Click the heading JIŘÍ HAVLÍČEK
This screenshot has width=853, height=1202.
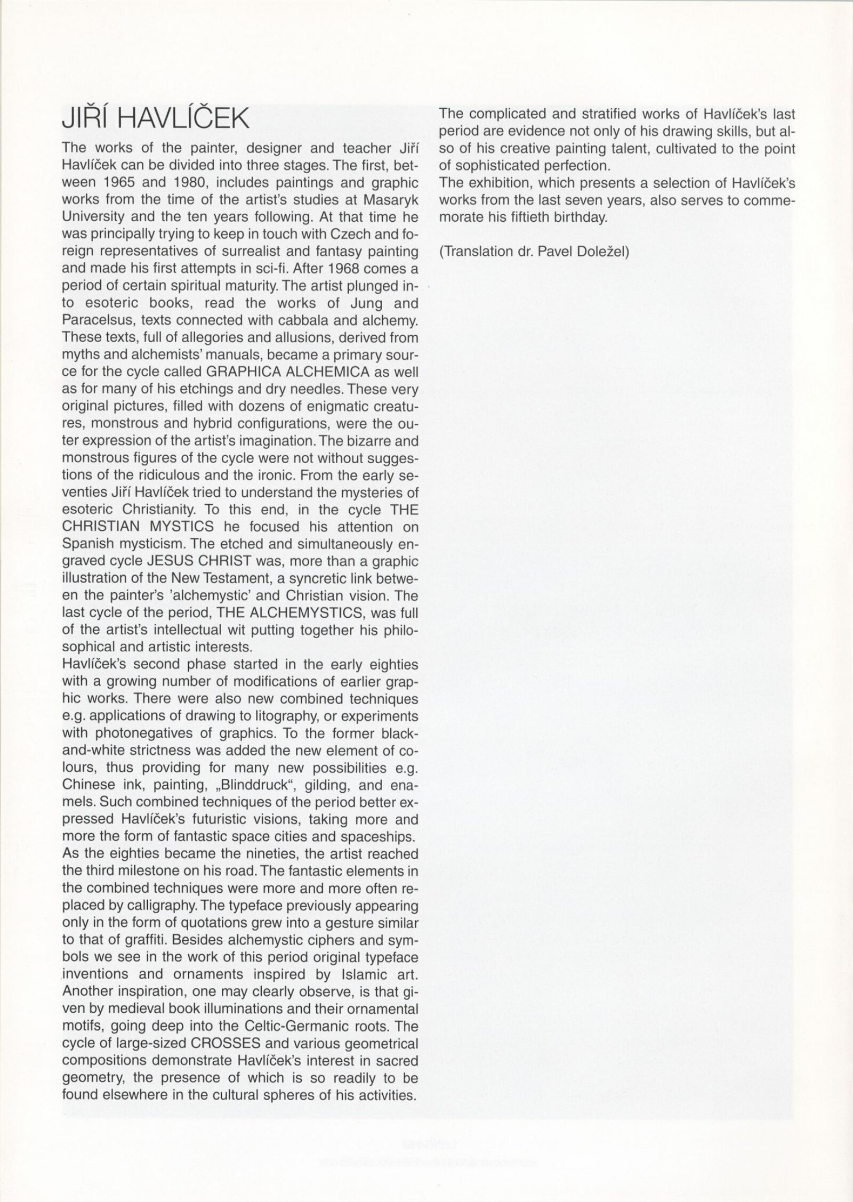[x=156, y=120]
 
